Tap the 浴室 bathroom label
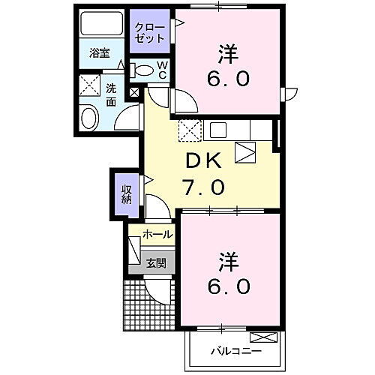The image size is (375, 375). (100, 54)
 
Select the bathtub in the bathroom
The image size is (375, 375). (100, 27)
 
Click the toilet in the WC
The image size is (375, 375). (142, 70)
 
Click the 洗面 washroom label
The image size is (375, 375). (111, 93)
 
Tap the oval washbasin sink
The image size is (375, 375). (89, 118)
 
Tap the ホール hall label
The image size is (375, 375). (157, 235)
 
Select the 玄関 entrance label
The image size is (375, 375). (156, 262)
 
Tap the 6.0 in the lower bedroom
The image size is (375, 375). (229, 286)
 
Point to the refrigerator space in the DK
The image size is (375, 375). (245, 153)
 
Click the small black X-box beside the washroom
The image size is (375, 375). (135, 93)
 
